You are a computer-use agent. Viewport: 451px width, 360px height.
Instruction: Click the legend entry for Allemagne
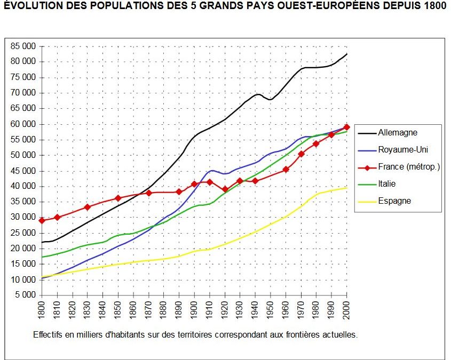tap(398, 133)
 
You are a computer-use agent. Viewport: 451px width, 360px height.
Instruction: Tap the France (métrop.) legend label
tap(408, 167)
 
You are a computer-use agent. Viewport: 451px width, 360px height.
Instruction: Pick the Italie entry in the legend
tap(388, 184)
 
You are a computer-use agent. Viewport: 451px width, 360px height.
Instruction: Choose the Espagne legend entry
tap(394, 201)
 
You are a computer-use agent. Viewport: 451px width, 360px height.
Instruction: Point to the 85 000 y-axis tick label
tap(23, 46)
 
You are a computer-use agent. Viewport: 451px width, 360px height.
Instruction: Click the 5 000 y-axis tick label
tap(25, 295)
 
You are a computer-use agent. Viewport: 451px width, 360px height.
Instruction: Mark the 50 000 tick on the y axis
tap(23, 155)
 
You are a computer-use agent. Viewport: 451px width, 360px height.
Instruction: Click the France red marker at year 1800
tap(42, 220)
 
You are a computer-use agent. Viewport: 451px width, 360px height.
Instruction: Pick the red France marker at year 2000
tap(347, 127)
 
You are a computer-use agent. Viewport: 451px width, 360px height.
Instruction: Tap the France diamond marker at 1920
tap(225, 189)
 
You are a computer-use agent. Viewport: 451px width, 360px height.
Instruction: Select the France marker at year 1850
tap(118, 198)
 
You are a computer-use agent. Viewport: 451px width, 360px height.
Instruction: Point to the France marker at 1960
tap(286, 169)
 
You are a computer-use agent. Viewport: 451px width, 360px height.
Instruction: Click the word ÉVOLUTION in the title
tap(31, 7)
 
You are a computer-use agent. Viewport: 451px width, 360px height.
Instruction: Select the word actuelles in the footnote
tap(339, 335)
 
